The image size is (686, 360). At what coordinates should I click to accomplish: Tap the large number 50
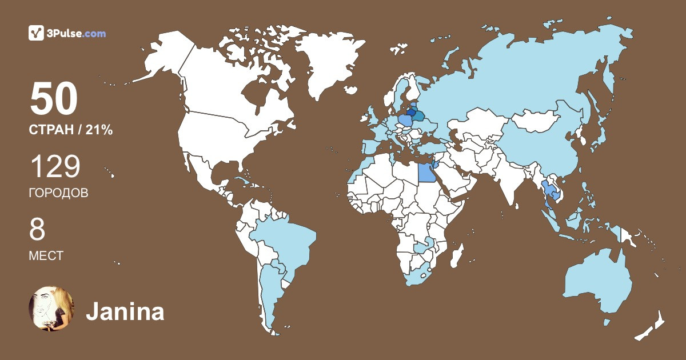click(54, 100)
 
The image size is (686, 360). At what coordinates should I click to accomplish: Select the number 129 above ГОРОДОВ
click(55, 167)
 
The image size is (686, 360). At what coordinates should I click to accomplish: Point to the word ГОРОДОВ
click(58, 193)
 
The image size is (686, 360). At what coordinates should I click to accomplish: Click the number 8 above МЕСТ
click(37, 230)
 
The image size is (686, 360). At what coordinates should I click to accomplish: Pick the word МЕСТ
click(46, 256)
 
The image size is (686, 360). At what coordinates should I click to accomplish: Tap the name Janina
click(125, 312)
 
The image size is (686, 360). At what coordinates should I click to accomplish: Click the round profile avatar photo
click(51, 309)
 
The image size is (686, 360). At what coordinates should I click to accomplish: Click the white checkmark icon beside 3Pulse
click(36, 33)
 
